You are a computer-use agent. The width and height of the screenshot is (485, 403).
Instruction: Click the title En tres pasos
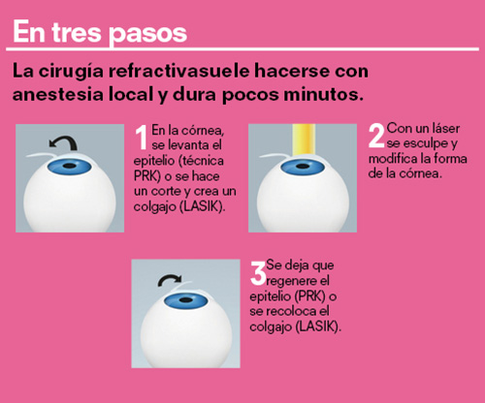click(98, 33)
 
